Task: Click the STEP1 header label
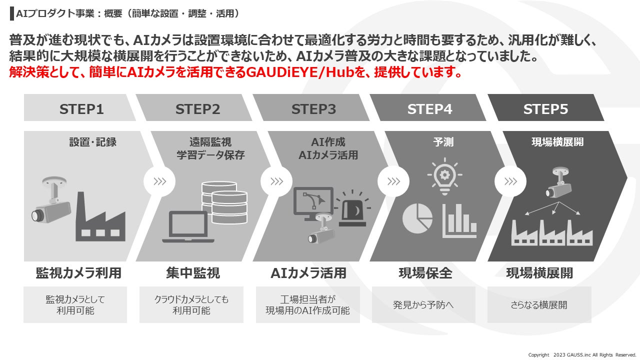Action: tap(81, 109)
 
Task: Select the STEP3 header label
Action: tap(313, 109)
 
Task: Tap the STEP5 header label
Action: tap(545, 109)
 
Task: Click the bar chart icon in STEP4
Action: tap(459, 220)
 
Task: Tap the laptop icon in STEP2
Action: tap(185, 227)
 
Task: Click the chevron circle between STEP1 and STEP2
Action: tap(159, 181)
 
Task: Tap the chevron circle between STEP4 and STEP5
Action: tap(510, 181)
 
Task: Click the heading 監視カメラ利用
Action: tap(78, 273)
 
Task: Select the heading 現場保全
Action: tap(425, 273)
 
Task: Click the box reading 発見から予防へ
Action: tap(423, 304)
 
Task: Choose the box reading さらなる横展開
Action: tap(539, 304)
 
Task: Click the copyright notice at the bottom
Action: tap(582, 354)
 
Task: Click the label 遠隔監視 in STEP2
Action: tap(210, 142)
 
